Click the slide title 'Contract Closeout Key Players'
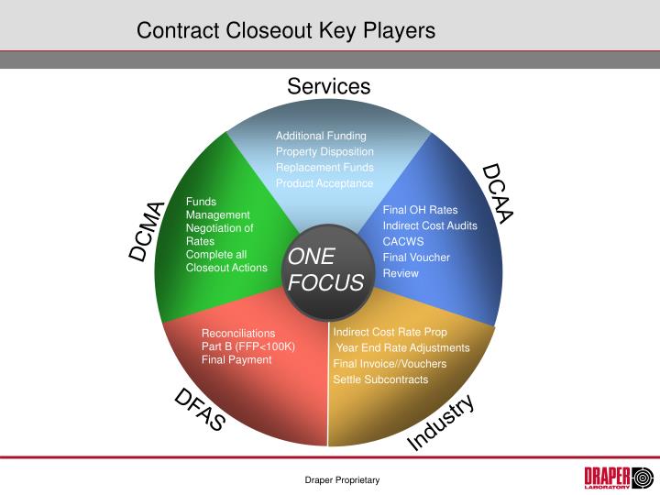point(286,30)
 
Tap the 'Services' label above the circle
point(328,86)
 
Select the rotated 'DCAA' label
point(498,192)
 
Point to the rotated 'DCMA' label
point(148,231)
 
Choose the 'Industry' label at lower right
point(441,422)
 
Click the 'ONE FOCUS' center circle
point(326,270)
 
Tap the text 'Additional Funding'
point(321,136)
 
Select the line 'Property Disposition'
point(324,151)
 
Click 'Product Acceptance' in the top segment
point(324,183)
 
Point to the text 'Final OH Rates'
point(420,210)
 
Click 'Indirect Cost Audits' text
point(430,225)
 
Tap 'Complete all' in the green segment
point(216,255)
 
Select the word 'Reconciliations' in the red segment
point(238,334)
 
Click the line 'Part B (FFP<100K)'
point(248,346)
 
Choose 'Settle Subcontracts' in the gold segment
point(380,379)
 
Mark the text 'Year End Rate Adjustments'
point(403,348)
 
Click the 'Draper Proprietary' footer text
point(342,480)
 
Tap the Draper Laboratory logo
point(619,478)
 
